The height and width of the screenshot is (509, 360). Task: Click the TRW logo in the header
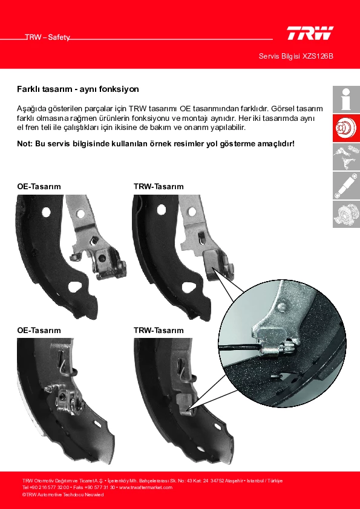click(310, 33)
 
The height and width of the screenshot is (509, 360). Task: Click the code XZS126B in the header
click(318, 56)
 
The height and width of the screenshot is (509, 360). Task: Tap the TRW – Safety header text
click(47, 37)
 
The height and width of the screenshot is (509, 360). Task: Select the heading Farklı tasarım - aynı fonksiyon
click(78, 89)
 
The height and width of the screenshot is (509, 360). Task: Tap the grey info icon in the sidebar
click(346, 99)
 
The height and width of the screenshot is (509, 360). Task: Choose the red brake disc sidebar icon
click(346, 128)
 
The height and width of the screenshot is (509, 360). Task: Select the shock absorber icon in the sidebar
click(346, 186)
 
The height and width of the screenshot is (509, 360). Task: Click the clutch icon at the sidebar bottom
click(346, 214)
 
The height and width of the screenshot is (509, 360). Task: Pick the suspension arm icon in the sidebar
click(346, 157)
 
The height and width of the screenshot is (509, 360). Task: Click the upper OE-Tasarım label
click(39, 187)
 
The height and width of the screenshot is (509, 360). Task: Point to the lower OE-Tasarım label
click(39, 331)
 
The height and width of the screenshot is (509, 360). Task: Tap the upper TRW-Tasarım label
click(159, 187)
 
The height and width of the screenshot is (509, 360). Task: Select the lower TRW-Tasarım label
click(159, 331)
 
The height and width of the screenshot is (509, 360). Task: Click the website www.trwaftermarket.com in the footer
click(146, 488)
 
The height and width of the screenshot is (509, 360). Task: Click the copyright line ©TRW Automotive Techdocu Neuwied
click(63, 494)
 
